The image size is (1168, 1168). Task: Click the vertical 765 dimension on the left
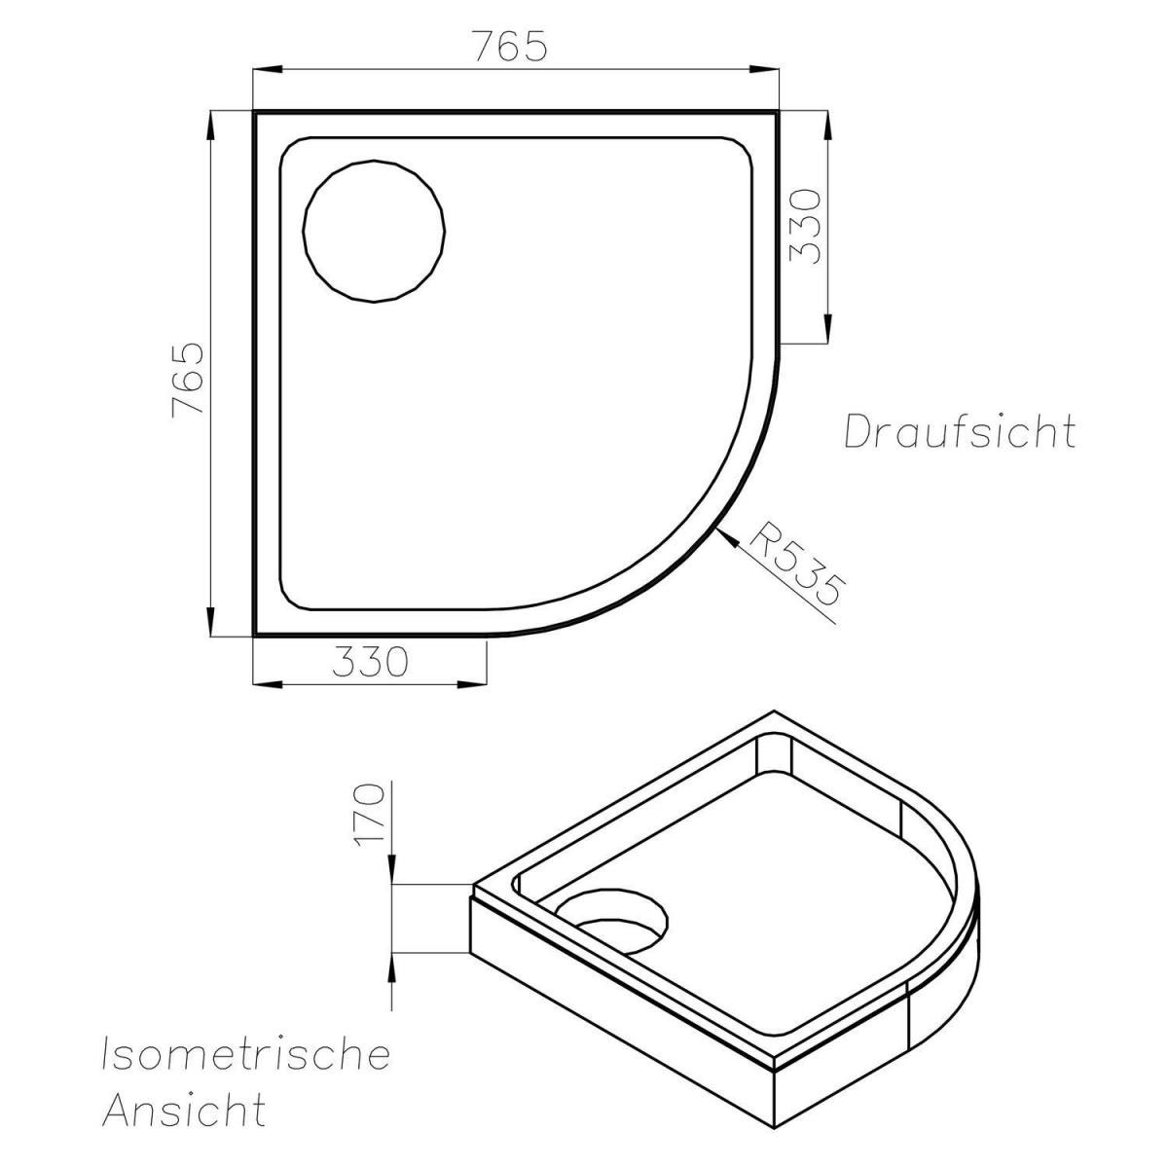point(187,379)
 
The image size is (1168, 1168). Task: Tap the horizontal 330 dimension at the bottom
point(368,663)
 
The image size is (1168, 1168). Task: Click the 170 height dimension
point(373,815)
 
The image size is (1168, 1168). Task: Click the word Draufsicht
point(959,431)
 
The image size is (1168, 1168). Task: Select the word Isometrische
point(245,1054)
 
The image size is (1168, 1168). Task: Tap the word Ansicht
point(184,1110)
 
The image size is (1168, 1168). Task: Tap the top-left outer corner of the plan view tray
point(255,112)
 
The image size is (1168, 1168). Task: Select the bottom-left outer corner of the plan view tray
point(255,634)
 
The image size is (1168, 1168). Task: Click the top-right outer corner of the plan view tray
point(779,112)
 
